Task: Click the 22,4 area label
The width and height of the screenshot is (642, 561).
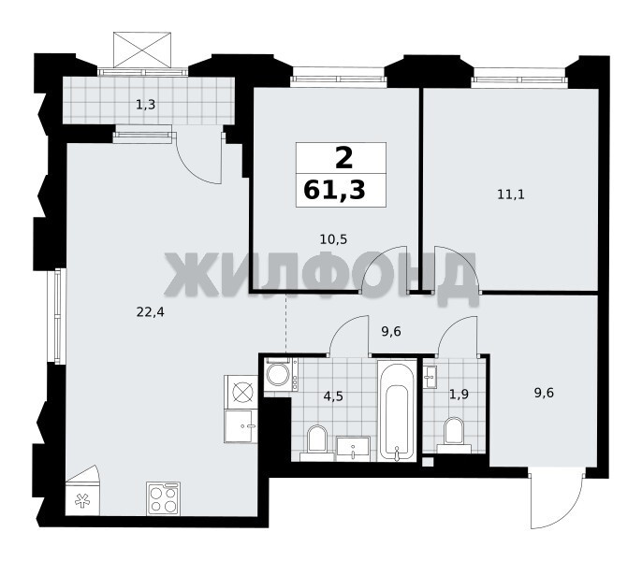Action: pyautogui.click(x=150, y=312)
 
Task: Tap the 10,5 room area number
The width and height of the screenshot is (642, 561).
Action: pyautogui.click(x=333, y=239)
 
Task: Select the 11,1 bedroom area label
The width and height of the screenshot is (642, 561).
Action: pyautogui.click(x=511, y=194)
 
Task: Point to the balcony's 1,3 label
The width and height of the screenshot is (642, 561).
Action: pyautogui.click(x=145, y=105)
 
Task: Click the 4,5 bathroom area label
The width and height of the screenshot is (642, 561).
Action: pyautogui.click(x=333, y=396)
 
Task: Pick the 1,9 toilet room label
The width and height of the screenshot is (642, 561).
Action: pyautogui.click(x=459, y=395)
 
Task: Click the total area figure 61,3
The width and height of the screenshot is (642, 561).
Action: pyautogui.click(x=334, y=191)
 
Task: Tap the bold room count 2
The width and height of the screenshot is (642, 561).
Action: pyautogui.click(x=343, y=158)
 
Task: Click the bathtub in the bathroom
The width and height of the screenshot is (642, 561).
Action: pyautogui.click(x=397, y=410)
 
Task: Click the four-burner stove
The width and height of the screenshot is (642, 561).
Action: pyautogui.click(x=164, y=498)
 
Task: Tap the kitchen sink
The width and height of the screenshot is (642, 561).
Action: pyautogui.click(x=241, y=426)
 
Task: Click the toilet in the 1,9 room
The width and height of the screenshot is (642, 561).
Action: pyautogui.click(x=454, y=436)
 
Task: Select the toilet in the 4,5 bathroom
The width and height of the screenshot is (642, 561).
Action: pyautogui.click(x=317, y=443)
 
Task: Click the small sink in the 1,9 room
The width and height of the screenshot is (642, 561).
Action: pyautogui.click(x=430, y=377)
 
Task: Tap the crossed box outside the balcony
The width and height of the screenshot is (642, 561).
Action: pyautogui.click(x=142, y=50)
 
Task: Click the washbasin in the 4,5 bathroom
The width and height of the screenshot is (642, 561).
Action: pyautogui.click(x=353, y=449)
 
